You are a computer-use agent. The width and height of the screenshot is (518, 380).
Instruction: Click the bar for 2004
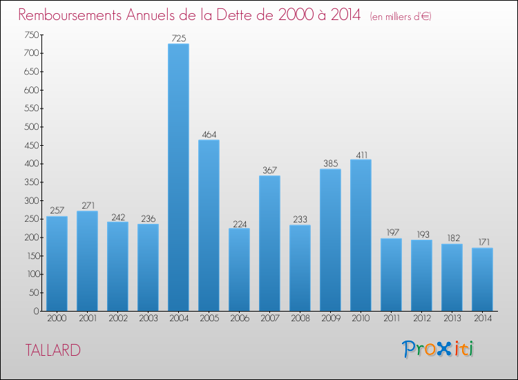[x=178, y=178]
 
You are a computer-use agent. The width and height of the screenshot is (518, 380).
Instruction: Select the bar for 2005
[x=209, y=225]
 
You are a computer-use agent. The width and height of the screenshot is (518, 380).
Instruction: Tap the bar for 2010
[x=361, y=235]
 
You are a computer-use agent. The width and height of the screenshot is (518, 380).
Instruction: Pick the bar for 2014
[x=482, y=279]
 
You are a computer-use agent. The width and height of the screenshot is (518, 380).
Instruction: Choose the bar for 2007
[x=269, y=243]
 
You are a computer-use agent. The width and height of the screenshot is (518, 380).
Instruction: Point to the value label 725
[x=178, y=39]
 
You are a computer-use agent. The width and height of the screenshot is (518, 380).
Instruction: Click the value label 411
[x=361, y=154]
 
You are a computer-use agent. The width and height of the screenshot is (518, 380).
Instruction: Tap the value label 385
[x=330, y=164]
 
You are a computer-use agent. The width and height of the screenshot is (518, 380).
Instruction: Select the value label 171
[x=482, y=243]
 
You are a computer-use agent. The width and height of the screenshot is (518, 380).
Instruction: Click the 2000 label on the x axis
[x=57, y=319]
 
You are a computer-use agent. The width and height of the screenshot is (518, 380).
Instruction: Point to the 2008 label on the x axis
[x=300, y=319]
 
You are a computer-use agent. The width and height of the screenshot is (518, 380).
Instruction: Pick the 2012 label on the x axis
[x=421, y=319]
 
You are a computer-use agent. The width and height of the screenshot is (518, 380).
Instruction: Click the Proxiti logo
[x=439, y=349]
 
